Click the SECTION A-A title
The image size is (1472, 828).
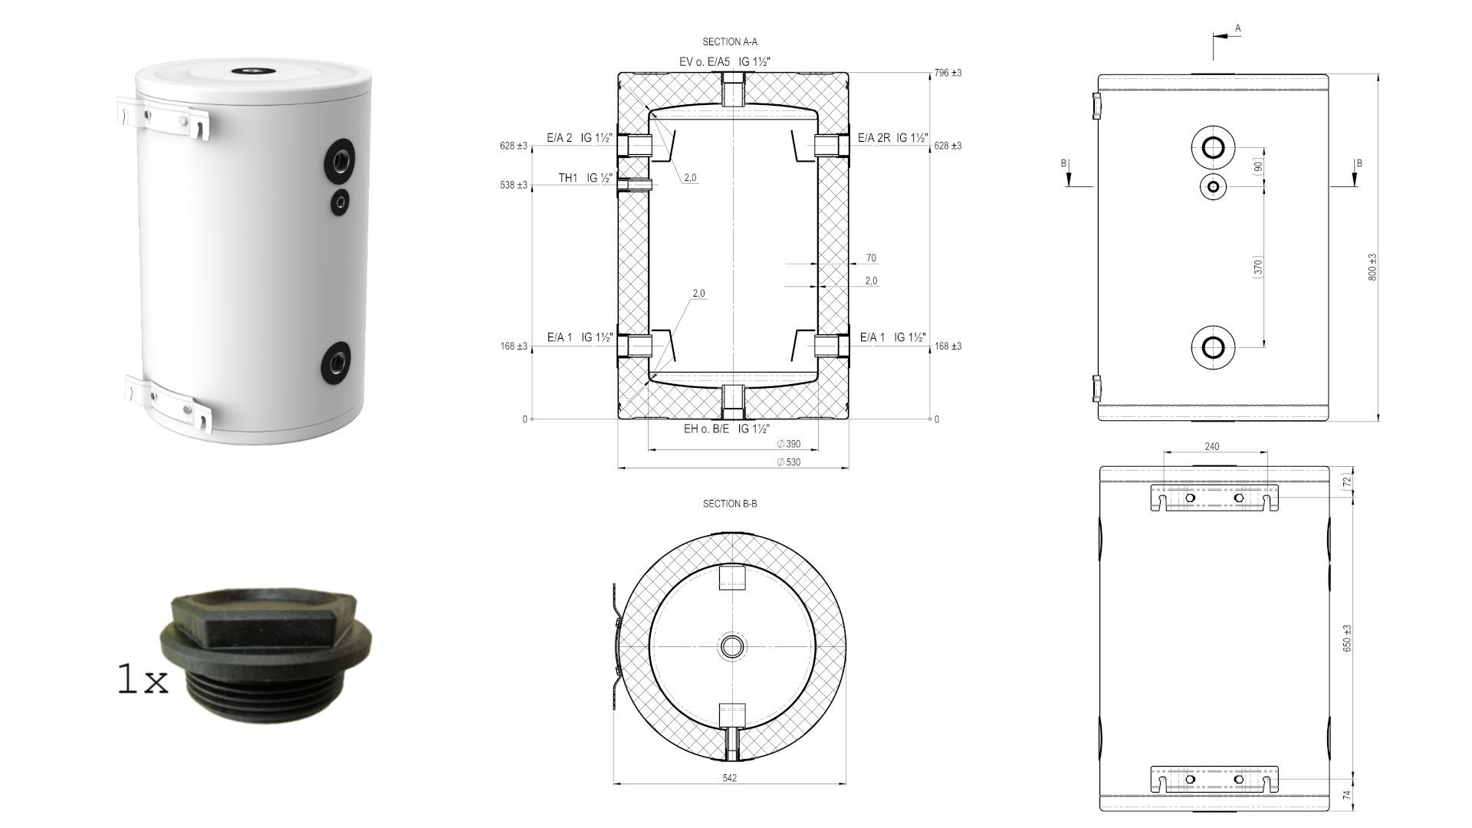pos(729,42)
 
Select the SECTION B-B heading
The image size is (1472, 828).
pos(729,504)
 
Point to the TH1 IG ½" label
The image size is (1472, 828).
pos(585,179)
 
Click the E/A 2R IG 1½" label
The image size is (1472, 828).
pos(892,138)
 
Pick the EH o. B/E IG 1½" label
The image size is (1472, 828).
pos(726,429)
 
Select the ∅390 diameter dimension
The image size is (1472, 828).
pos(788,445)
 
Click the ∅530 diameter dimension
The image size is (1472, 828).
pos(788,462)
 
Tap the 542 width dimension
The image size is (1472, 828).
pos(729,778)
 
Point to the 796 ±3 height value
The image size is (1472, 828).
pos(948,73)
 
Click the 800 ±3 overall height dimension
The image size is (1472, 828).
pos(1373,267)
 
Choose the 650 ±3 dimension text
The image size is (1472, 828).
pos(1347,638)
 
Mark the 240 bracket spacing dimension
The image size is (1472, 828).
pos(1212,447)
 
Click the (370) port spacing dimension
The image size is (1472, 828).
pos(1257,267)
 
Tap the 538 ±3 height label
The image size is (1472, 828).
pos(514,186)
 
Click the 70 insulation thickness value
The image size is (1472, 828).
pos(871,258)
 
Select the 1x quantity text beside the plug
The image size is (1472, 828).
pos(142,680)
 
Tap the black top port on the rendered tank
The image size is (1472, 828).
pos(253,71)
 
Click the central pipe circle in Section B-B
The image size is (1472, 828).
pos(732,646)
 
